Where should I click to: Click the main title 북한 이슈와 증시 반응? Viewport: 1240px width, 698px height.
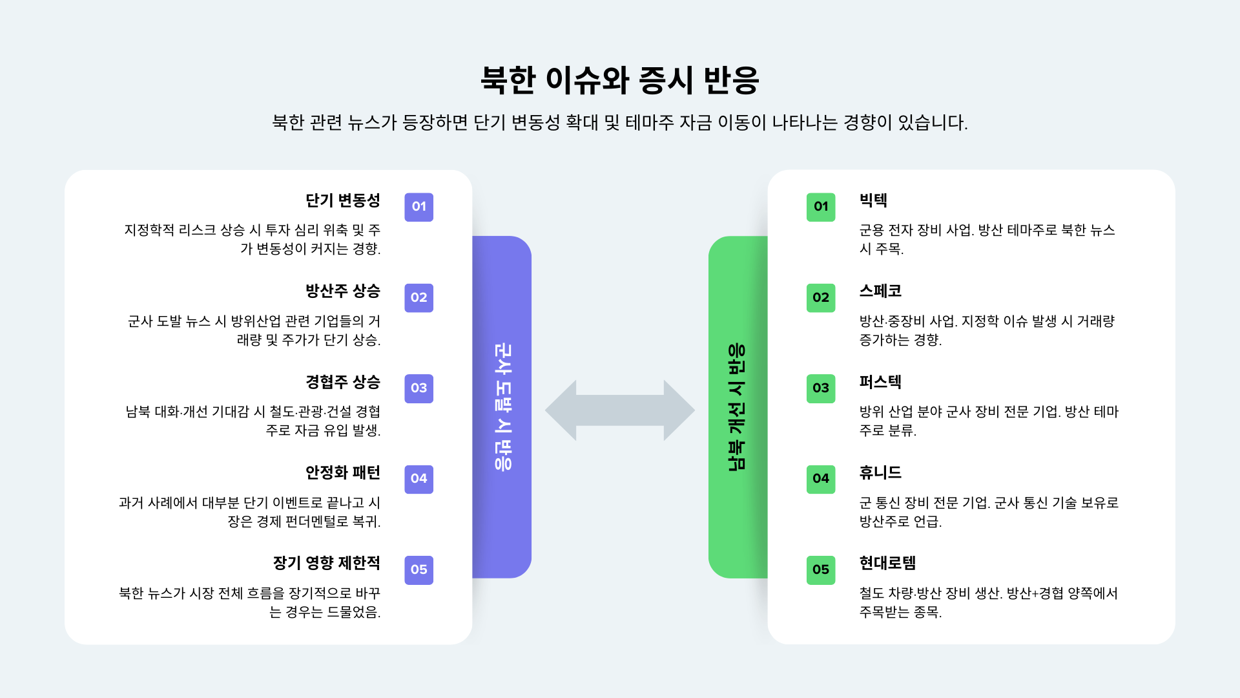point(619,80)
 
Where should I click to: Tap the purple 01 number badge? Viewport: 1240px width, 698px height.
point(418,207)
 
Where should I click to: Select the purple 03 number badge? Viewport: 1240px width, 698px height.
point(418,388)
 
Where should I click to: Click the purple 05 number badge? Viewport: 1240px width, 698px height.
point(418,570)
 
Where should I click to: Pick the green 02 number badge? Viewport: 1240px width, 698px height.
point(820,298)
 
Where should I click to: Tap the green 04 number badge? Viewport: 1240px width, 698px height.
point(820,479)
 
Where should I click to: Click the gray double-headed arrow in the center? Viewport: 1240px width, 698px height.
point(619,410)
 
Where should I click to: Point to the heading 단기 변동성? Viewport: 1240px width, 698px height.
point(343,200)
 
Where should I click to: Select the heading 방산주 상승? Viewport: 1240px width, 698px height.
point(343,291)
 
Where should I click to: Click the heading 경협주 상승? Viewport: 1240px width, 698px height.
point(343,382)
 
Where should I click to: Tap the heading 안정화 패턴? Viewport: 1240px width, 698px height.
point(343,472)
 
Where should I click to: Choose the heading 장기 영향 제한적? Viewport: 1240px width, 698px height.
point(326,563)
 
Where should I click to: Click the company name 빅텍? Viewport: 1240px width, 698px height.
point(873,200)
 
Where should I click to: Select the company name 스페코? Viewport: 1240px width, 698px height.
point(880,291)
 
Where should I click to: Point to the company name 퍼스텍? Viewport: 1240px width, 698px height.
point(880,382)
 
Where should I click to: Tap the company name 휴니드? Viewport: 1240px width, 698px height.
point(880,472)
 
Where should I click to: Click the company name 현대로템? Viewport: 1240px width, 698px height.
point(887,563)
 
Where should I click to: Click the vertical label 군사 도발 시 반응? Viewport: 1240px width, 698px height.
point(502,407)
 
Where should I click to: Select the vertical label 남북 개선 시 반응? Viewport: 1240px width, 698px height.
point(737,407)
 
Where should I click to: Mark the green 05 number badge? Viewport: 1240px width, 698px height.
point(820,570)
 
